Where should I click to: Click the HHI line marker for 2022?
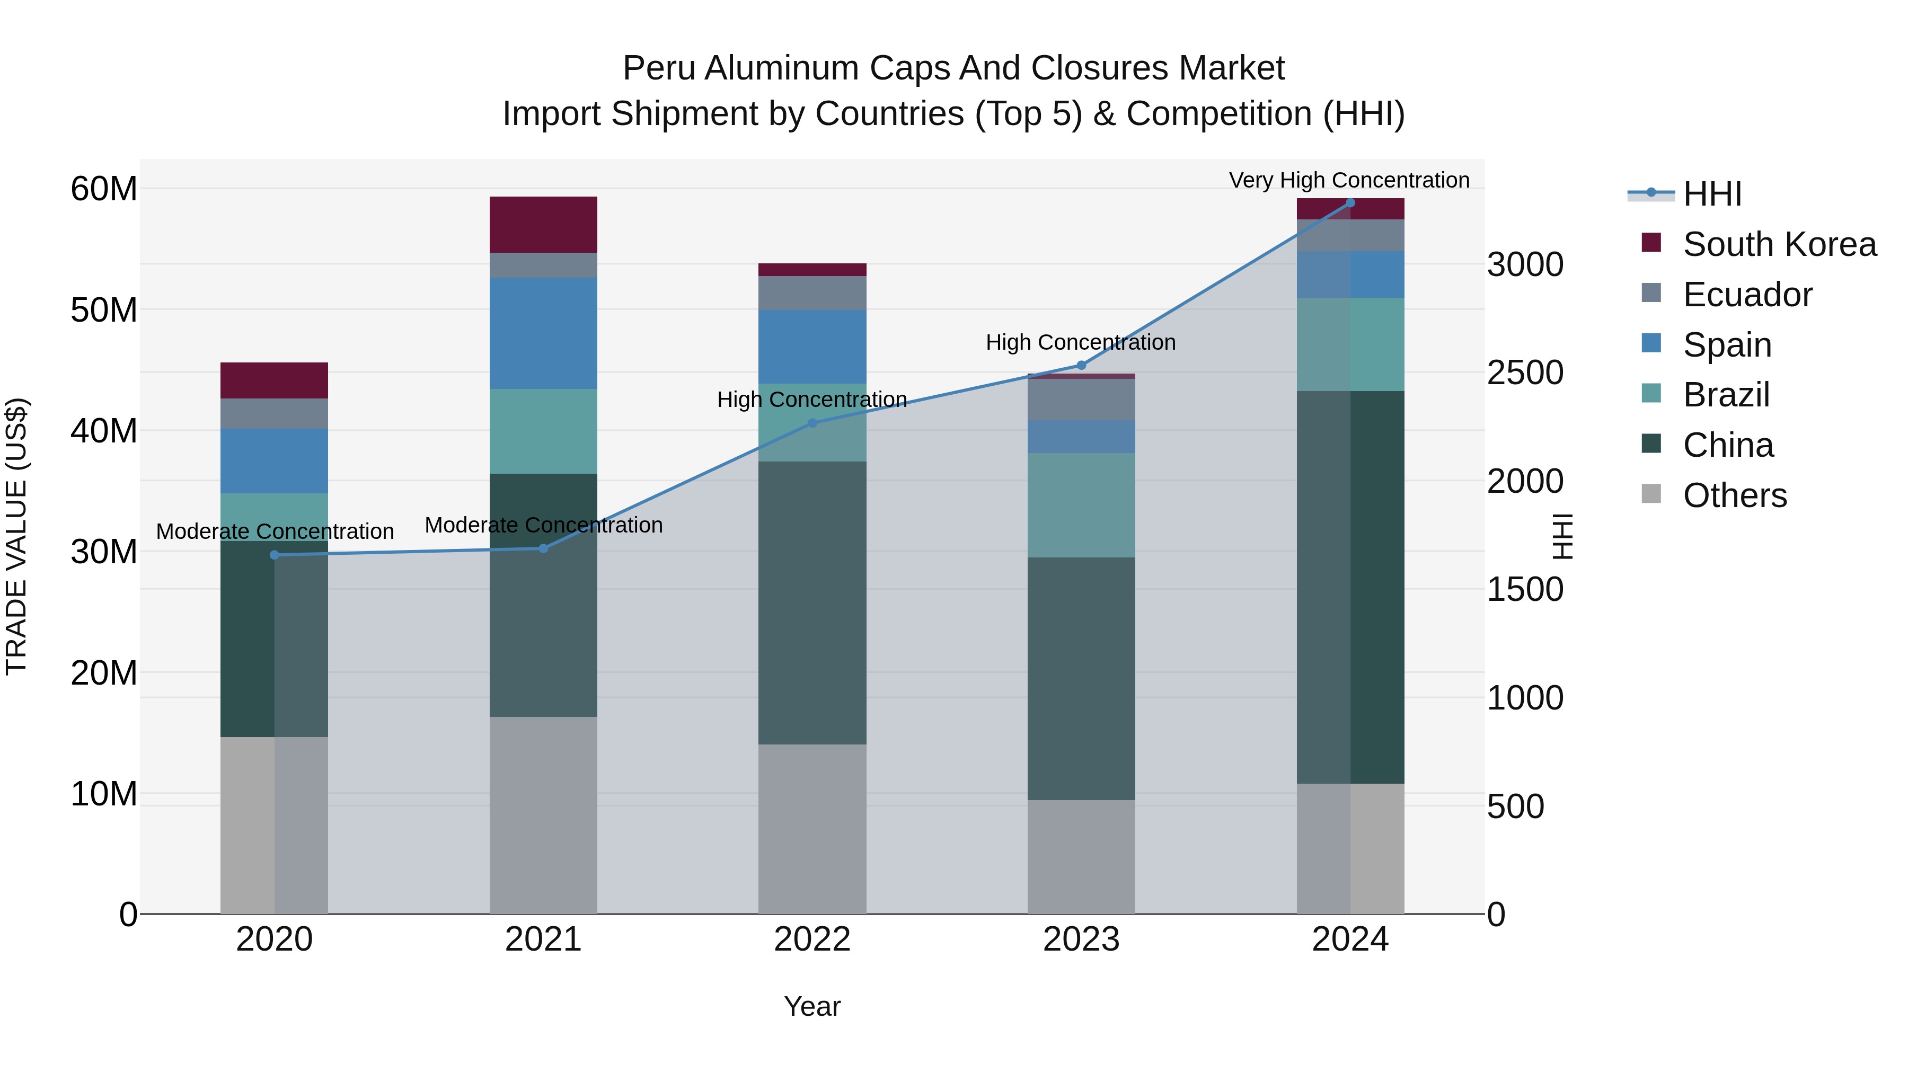click(x=812, y=423)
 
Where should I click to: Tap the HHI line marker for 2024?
click(x=1349, y=202)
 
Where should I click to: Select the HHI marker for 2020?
click(x=274, y=555)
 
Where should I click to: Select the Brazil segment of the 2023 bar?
click(x=1081, y=505)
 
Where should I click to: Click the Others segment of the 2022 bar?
click(x=812, y=829)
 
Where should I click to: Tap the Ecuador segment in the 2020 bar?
click(x=274, y=413)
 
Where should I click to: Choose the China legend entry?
click(x=1727, y=445)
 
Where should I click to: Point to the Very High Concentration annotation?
click(x=1349, y=180)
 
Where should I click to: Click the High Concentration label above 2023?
click(x=1080, y=342)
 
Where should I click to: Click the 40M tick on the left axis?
click(x=104, y=431)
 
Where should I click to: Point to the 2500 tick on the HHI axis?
click(x=1525, y=373)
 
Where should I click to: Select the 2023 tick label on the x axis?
click(x=1081, y=939)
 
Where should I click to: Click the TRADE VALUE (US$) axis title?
click(x=16, y=536)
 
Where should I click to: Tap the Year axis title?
click(x=812, y=1006)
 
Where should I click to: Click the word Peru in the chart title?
click(x=658, y=68)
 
